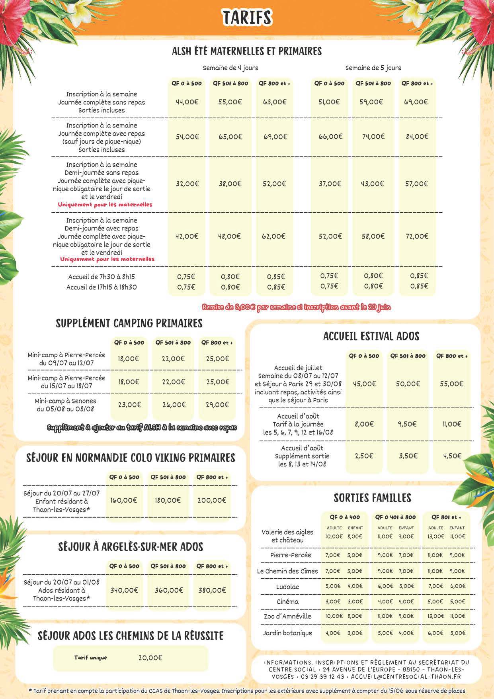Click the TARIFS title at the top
click(x=247, y=18)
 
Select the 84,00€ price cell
click(x=417, y=137)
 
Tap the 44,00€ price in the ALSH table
click(x=187, y=102)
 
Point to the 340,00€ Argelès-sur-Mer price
click(x=124, y=590)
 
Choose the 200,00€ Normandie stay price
click(x=212, y=500)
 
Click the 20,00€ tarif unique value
click(x=150, y=658)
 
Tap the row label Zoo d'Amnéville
click(x=287, y=616)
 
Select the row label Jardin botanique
click(x=287, y=633)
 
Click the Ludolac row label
click(x=287, y=587)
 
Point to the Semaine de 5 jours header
click(x=373, y=68)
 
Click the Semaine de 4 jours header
click(x=230, y=68)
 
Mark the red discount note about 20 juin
click(x=297, y=307)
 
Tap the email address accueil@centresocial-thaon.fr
click(x=406, y=677)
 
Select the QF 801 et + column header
click(x=446, y=517)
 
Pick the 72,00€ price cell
click(x=417, y=236)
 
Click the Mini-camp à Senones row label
click(x=65, y=405)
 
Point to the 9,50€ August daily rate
click(x=408, y=424)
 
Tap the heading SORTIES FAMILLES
click(x=372, y=498)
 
